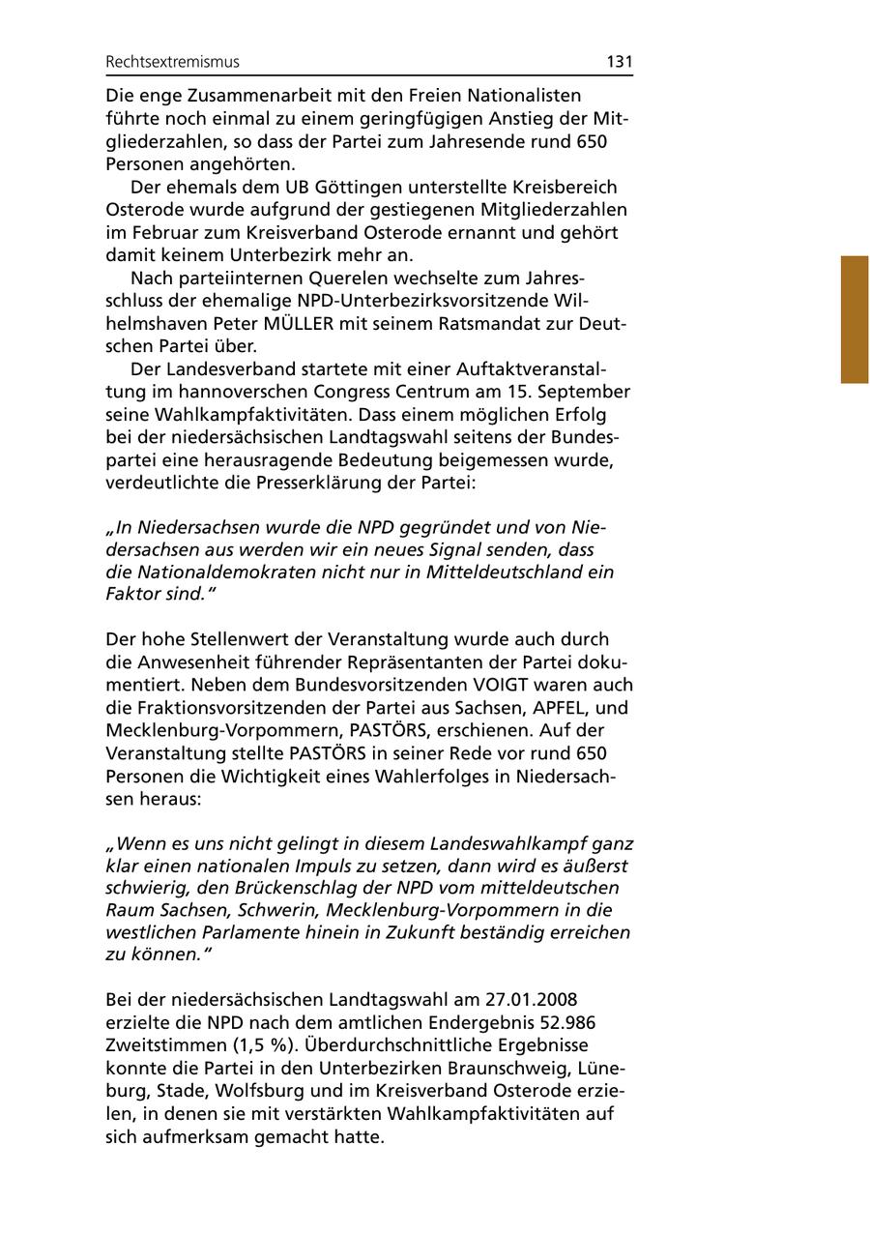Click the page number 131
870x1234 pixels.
coord(620,62)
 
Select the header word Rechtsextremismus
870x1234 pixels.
coord(172,62)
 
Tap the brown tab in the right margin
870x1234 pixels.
coord(855,319)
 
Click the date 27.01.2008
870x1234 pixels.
coord(529,999)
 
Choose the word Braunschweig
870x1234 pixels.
coord(504,1068)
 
